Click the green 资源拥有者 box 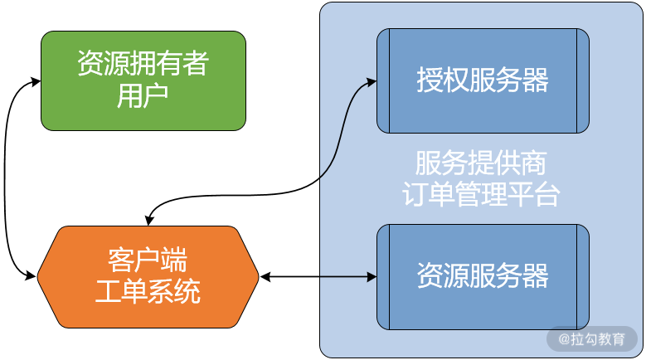coord(143,80)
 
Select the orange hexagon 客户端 coord(148,276)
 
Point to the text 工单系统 coord(148,291)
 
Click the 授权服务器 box coord(483,80)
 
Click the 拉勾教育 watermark coord(591,338)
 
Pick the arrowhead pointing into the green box coord(36,81)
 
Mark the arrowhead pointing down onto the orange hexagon coord(148,219)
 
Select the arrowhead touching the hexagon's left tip coord(34,274)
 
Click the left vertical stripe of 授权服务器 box coord(383,80)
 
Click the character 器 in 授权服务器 coord(536,80)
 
